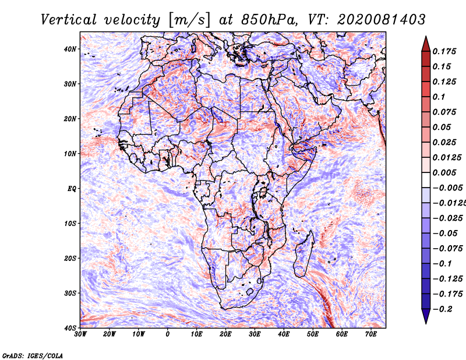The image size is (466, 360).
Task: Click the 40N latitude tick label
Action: tap(70, 49)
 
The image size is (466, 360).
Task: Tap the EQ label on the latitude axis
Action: tap(72, 189)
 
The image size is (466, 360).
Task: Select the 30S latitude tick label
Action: tap(70, 294)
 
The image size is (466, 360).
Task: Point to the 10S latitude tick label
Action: tap(70, 224)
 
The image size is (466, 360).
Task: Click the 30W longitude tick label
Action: tap(80, 334)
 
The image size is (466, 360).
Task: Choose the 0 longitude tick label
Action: tap(168, 334)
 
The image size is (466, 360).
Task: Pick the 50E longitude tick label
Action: tap(313, 334)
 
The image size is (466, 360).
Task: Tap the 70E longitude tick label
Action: tap(370, 334)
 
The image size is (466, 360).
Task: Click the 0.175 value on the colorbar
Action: tap(444, 52)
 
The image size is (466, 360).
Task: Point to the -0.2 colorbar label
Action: tap(442, 309)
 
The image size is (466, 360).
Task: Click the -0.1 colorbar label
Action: tap(442, 264)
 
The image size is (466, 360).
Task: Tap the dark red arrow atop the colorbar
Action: tap(426, 44)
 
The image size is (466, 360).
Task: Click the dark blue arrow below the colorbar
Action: tap(426, 316)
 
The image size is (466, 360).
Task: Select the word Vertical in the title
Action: tap(69, 20)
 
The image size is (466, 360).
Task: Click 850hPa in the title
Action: tap(269, 20)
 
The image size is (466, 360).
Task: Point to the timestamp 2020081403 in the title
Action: tap(382, 20)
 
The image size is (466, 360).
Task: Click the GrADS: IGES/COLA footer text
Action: tap(33, 356)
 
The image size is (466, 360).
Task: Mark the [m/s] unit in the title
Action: tap(190, 20)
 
